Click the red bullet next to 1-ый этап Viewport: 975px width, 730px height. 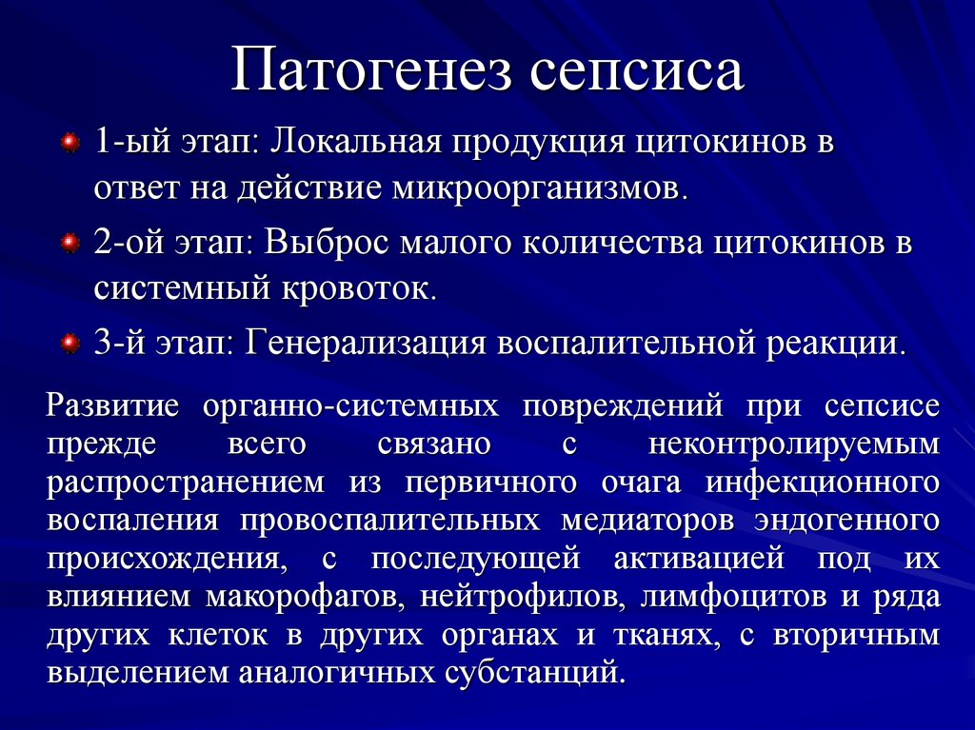tap(70, 143)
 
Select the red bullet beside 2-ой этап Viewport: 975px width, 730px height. tap(70, 243)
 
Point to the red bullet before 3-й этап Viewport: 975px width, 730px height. tap(70, 344)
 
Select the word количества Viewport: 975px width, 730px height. tap(612, 243)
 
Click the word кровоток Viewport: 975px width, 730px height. tap(359, 289)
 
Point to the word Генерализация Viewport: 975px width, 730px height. tap(367, 343)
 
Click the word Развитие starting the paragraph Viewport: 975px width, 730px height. tap(113, 406)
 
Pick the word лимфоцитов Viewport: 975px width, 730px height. tap(734, 598)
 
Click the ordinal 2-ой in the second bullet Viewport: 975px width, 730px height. tap(129, 243)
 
